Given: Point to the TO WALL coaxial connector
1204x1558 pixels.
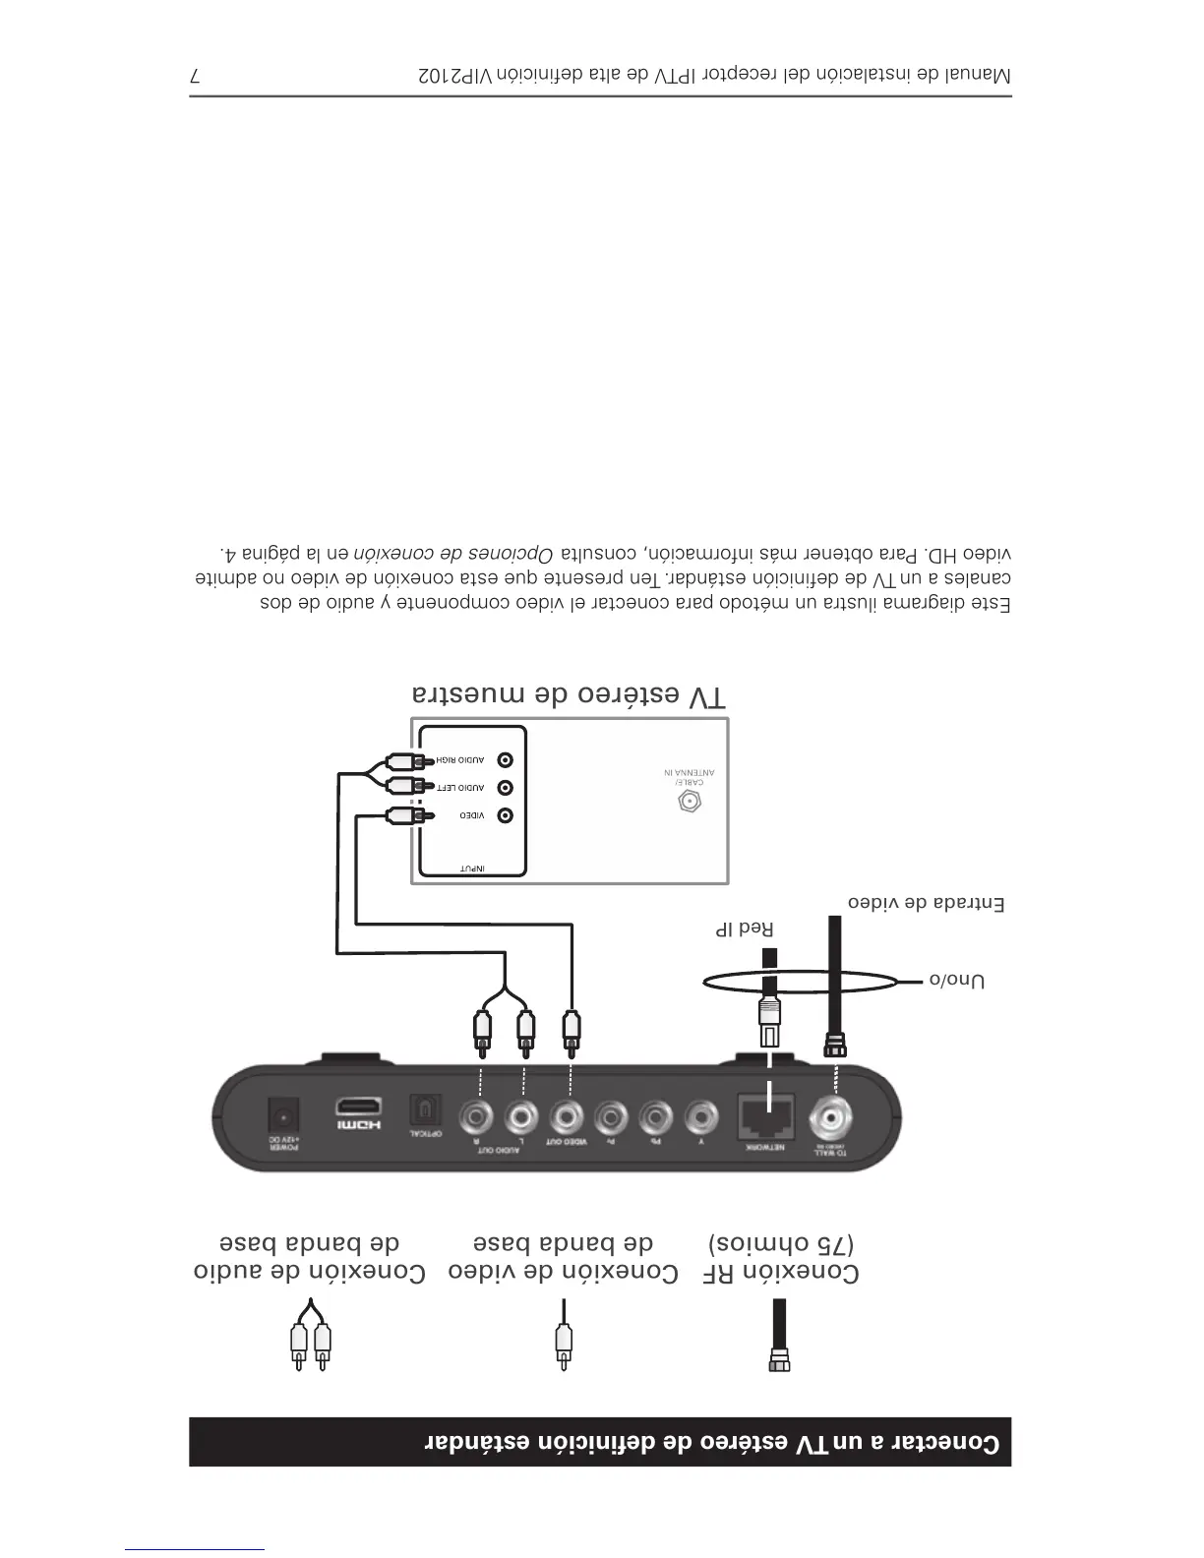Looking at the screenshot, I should point(831,1117).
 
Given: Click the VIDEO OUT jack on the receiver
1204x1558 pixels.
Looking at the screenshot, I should point(566,1117).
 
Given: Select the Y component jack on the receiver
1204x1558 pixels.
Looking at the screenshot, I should point(699,1117).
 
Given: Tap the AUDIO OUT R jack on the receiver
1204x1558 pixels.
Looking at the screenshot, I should point(477,1117).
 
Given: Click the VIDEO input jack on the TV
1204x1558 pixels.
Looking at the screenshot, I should point(506,815).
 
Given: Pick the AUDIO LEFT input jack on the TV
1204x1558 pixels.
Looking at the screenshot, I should point(506,788).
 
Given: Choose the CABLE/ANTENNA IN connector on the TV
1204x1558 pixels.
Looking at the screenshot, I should point(691,802).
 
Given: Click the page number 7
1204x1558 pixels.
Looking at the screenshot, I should point(195,76).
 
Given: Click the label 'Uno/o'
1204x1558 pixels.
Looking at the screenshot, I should point(957,981).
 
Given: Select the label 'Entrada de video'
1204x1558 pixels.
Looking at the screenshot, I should point(926,903).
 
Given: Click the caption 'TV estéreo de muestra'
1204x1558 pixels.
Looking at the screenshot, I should point(570,695).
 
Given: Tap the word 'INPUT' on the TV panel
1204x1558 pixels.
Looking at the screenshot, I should point(473,868).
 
